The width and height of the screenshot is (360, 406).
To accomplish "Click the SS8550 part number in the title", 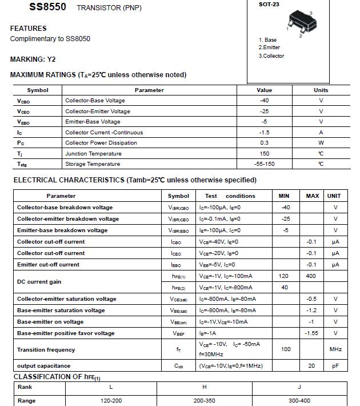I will [47, 7].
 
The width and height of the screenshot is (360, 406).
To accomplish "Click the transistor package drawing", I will [301, 23].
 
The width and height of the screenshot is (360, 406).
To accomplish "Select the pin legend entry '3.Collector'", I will [271, 56].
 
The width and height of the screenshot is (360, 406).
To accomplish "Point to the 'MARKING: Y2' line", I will [33, 59].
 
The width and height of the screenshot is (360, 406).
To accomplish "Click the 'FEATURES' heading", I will [29, 29].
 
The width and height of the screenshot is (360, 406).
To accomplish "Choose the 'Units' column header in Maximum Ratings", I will [321, 90].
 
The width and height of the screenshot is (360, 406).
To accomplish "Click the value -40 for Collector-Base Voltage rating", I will [264, 101].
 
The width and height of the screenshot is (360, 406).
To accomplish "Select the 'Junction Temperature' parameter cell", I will [93, 154].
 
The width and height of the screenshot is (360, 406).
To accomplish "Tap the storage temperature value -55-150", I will [264, 164].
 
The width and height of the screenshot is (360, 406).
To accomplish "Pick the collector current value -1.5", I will [264, 133].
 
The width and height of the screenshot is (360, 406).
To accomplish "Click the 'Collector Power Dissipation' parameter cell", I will [101, 143].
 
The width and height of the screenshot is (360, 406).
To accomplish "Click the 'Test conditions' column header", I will [230, 196].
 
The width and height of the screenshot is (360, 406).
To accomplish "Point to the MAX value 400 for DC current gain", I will [311, 276].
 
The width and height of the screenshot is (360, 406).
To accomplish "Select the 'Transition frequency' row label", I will [46, 350].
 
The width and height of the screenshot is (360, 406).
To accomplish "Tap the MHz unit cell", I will [335, 349].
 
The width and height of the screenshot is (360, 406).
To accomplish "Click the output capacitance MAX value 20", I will [311, 366].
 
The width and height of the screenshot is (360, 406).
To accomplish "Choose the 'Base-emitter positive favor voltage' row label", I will [66, 333].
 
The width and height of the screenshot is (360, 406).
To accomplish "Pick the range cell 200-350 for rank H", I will [204, 401].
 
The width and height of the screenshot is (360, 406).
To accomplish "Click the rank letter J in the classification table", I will [299, 387].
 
